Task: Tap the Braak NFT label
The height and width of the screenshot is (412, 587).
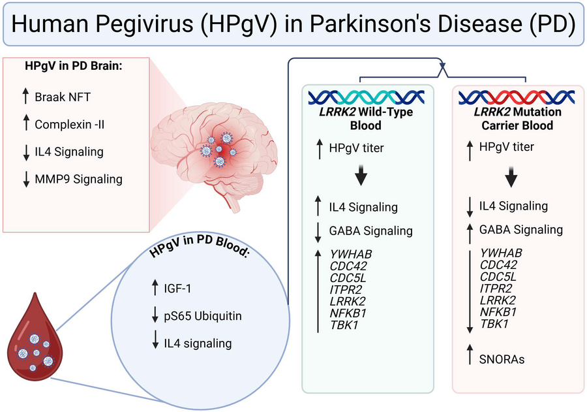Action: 63,97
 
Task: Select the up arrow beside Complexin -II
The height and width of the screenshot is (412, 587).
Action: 25,124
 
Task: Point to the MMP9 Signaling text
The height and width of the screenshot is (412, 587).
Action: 78,178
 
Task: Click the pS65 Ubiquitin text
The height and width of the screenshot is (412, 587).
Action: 203,317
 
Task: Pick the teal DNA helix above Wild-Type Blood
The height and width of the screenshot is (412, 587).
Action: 365,97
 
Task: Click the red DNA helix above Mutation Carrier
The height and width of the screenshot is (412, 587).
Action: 516,97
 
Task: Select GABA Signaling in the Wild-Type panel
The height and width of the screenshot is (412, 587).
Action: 370,230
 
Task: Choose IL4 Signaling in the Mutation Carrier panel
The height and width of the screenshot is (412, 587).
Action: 513,206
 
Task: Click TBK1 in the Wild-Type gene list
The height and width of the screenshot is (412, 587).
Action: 344,324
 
